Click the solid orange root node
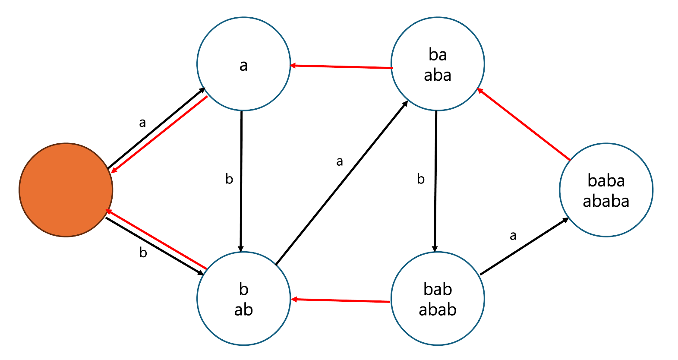coord(66,190)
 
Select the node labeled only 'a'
coord(243,64)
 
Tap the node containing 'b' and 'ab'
coord(243,299)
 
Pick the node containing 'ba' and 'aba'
coord(438,64)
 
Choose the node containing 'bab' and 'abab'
coord(438,299)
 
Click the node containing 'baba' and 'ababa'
coord(606,190)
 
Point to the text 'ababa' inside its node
coord(606,201)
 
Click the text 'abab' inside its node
coord(438,310)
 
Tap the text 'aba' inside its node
coord(438,76)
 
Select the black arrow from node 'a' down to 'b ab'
coord(241,181)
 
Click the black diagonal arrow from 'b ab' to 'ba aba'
coord(342,183)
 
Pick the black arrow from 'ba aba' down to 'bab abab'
coord(435,181)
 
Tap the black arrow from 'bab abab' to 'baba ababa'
coord(524,246)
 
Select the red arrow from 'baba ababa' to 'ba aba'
coord(523,125)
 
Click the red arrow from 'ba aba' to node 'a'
coord(341,67)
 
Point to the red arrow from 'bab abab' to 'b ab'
coord(341,300)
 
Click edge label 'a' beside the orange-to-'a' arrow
coord(142,123)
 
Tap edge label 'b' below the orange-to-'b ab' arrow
coord(143,253)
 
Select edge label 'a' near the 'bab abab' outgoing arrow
coord(513,236)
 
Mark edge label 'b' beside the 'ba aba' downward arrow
coord(421,179)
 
